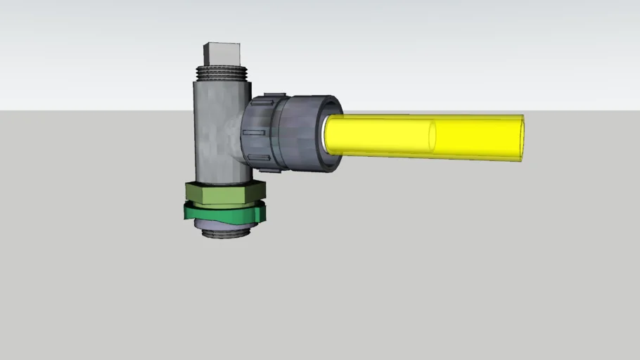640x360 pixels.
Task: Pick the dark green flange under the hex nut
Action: (x=224, y=212)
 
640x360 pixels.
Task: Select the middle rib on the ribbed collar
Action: (x=255, y=131)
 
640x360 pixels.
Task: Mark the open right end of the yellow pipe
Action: (x=521, y=138)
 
